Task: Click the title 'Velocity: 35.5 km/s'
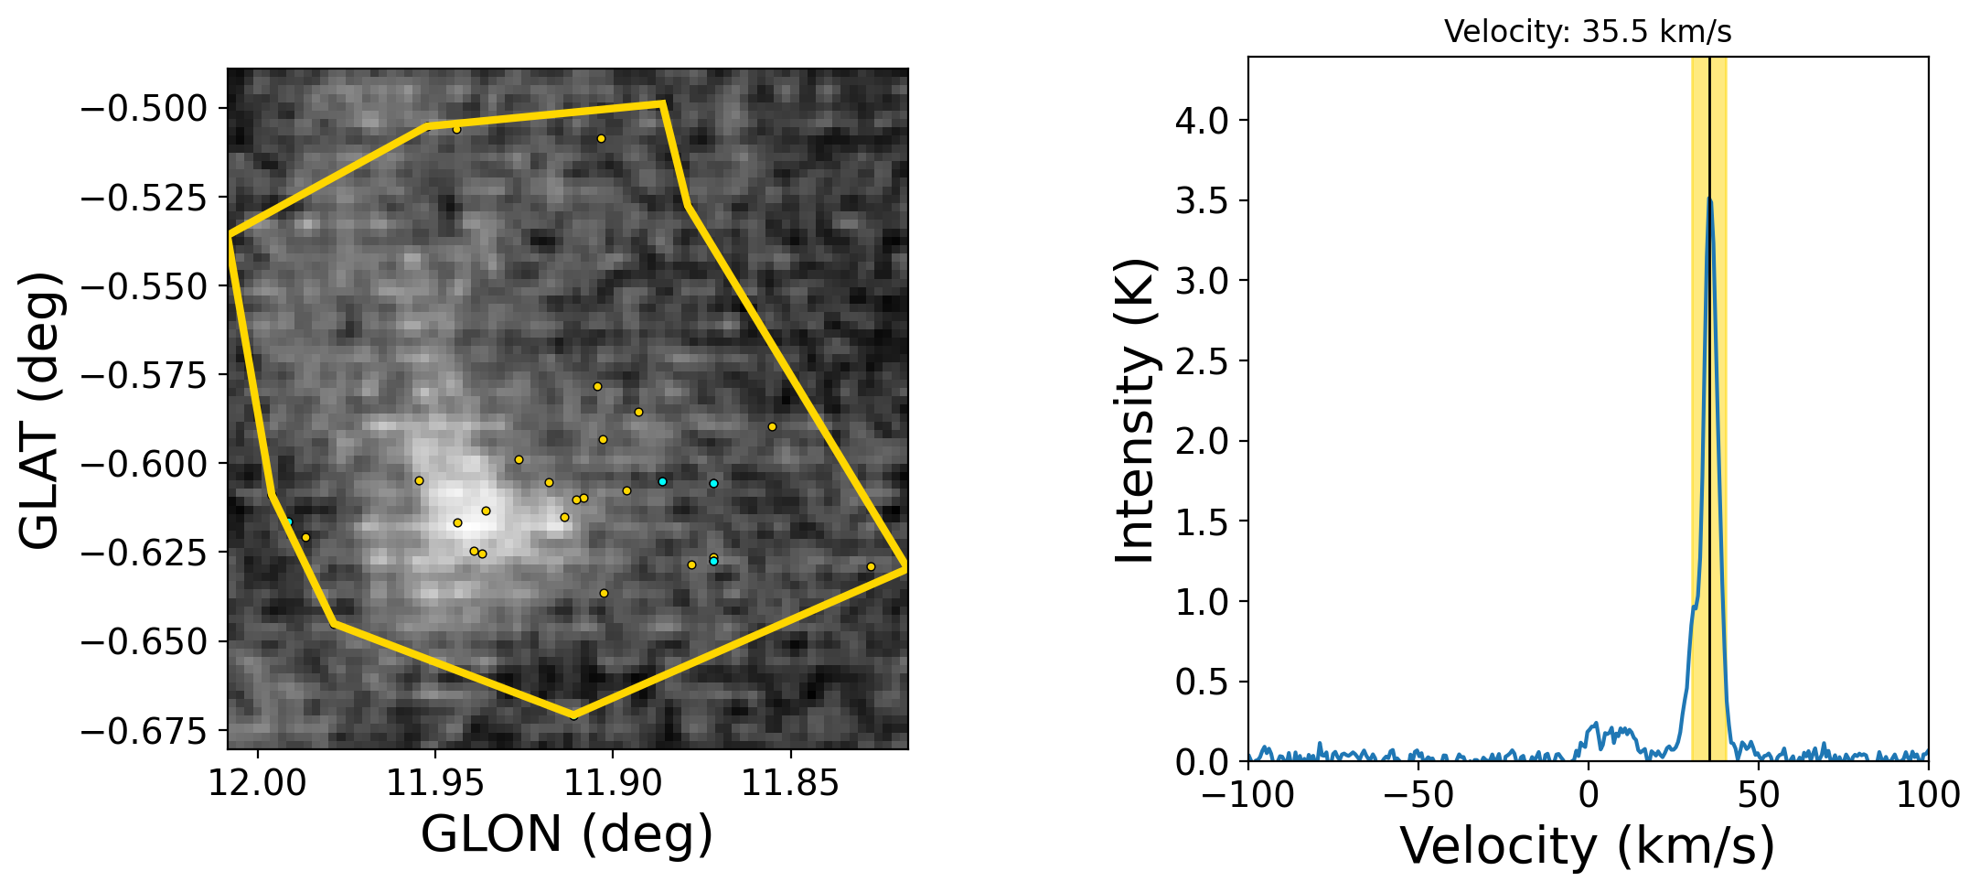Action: point(1588,32)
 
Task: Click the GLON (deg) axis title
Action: point(567,834)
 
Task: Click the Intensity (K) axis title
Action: point(1136,410)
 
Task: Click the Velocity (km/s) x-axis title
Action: point(1588,845)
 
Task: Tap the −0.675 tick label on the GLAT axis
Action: point(144,731)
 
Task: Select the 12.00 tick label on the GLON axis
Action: point(258,784)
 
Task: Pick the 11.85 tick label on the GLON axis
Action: point(789,784)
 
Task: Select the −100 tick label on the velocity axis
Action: point(1248,795)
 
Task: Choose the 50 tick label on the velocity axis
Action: point(1759,795)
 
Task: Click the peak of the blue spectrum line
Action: point(1708,199)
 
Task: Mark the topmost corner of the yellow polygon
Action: point(661,104)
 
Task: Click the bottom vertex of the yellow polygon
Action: point(573,715)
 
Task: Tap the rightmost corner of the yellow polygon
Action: point(904,567)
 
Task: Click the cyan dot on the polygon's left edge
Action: point(289,521)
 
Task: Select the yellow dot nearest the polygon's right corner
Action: point(871,566)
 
